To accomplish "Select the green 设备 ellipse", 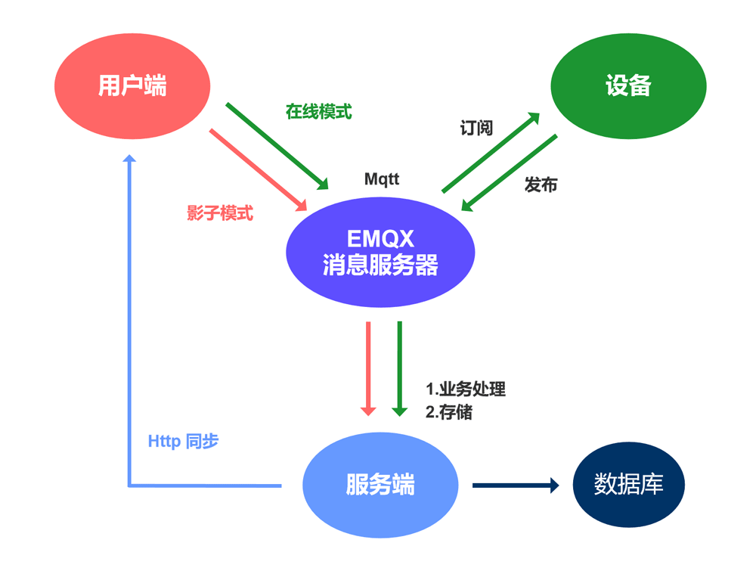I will [628, 85].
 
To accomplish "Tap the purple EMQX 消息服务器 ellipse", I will [380, 252].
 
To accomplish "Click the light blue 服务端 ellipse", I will [380, 485].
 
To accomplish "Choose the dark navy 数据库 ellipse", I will [628, 485].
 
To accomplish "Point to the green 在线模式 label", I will [318, 111].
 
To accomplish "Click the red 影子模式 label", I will [220, 213].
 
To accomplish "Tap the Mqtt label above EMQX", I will [382, 179].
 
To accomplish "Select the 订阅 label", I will [476, 128].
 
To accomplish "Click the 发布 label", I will [541, 185].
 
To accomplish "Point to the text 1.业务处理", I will [465, 390].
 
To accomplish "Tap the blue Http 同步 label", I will [183, 442].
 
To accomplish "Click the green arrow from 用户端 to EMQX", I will [277, 145].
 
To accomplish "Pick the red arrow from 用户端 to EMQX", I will [257, 169].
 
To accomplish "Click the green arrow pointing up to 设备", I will [491, 152].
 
